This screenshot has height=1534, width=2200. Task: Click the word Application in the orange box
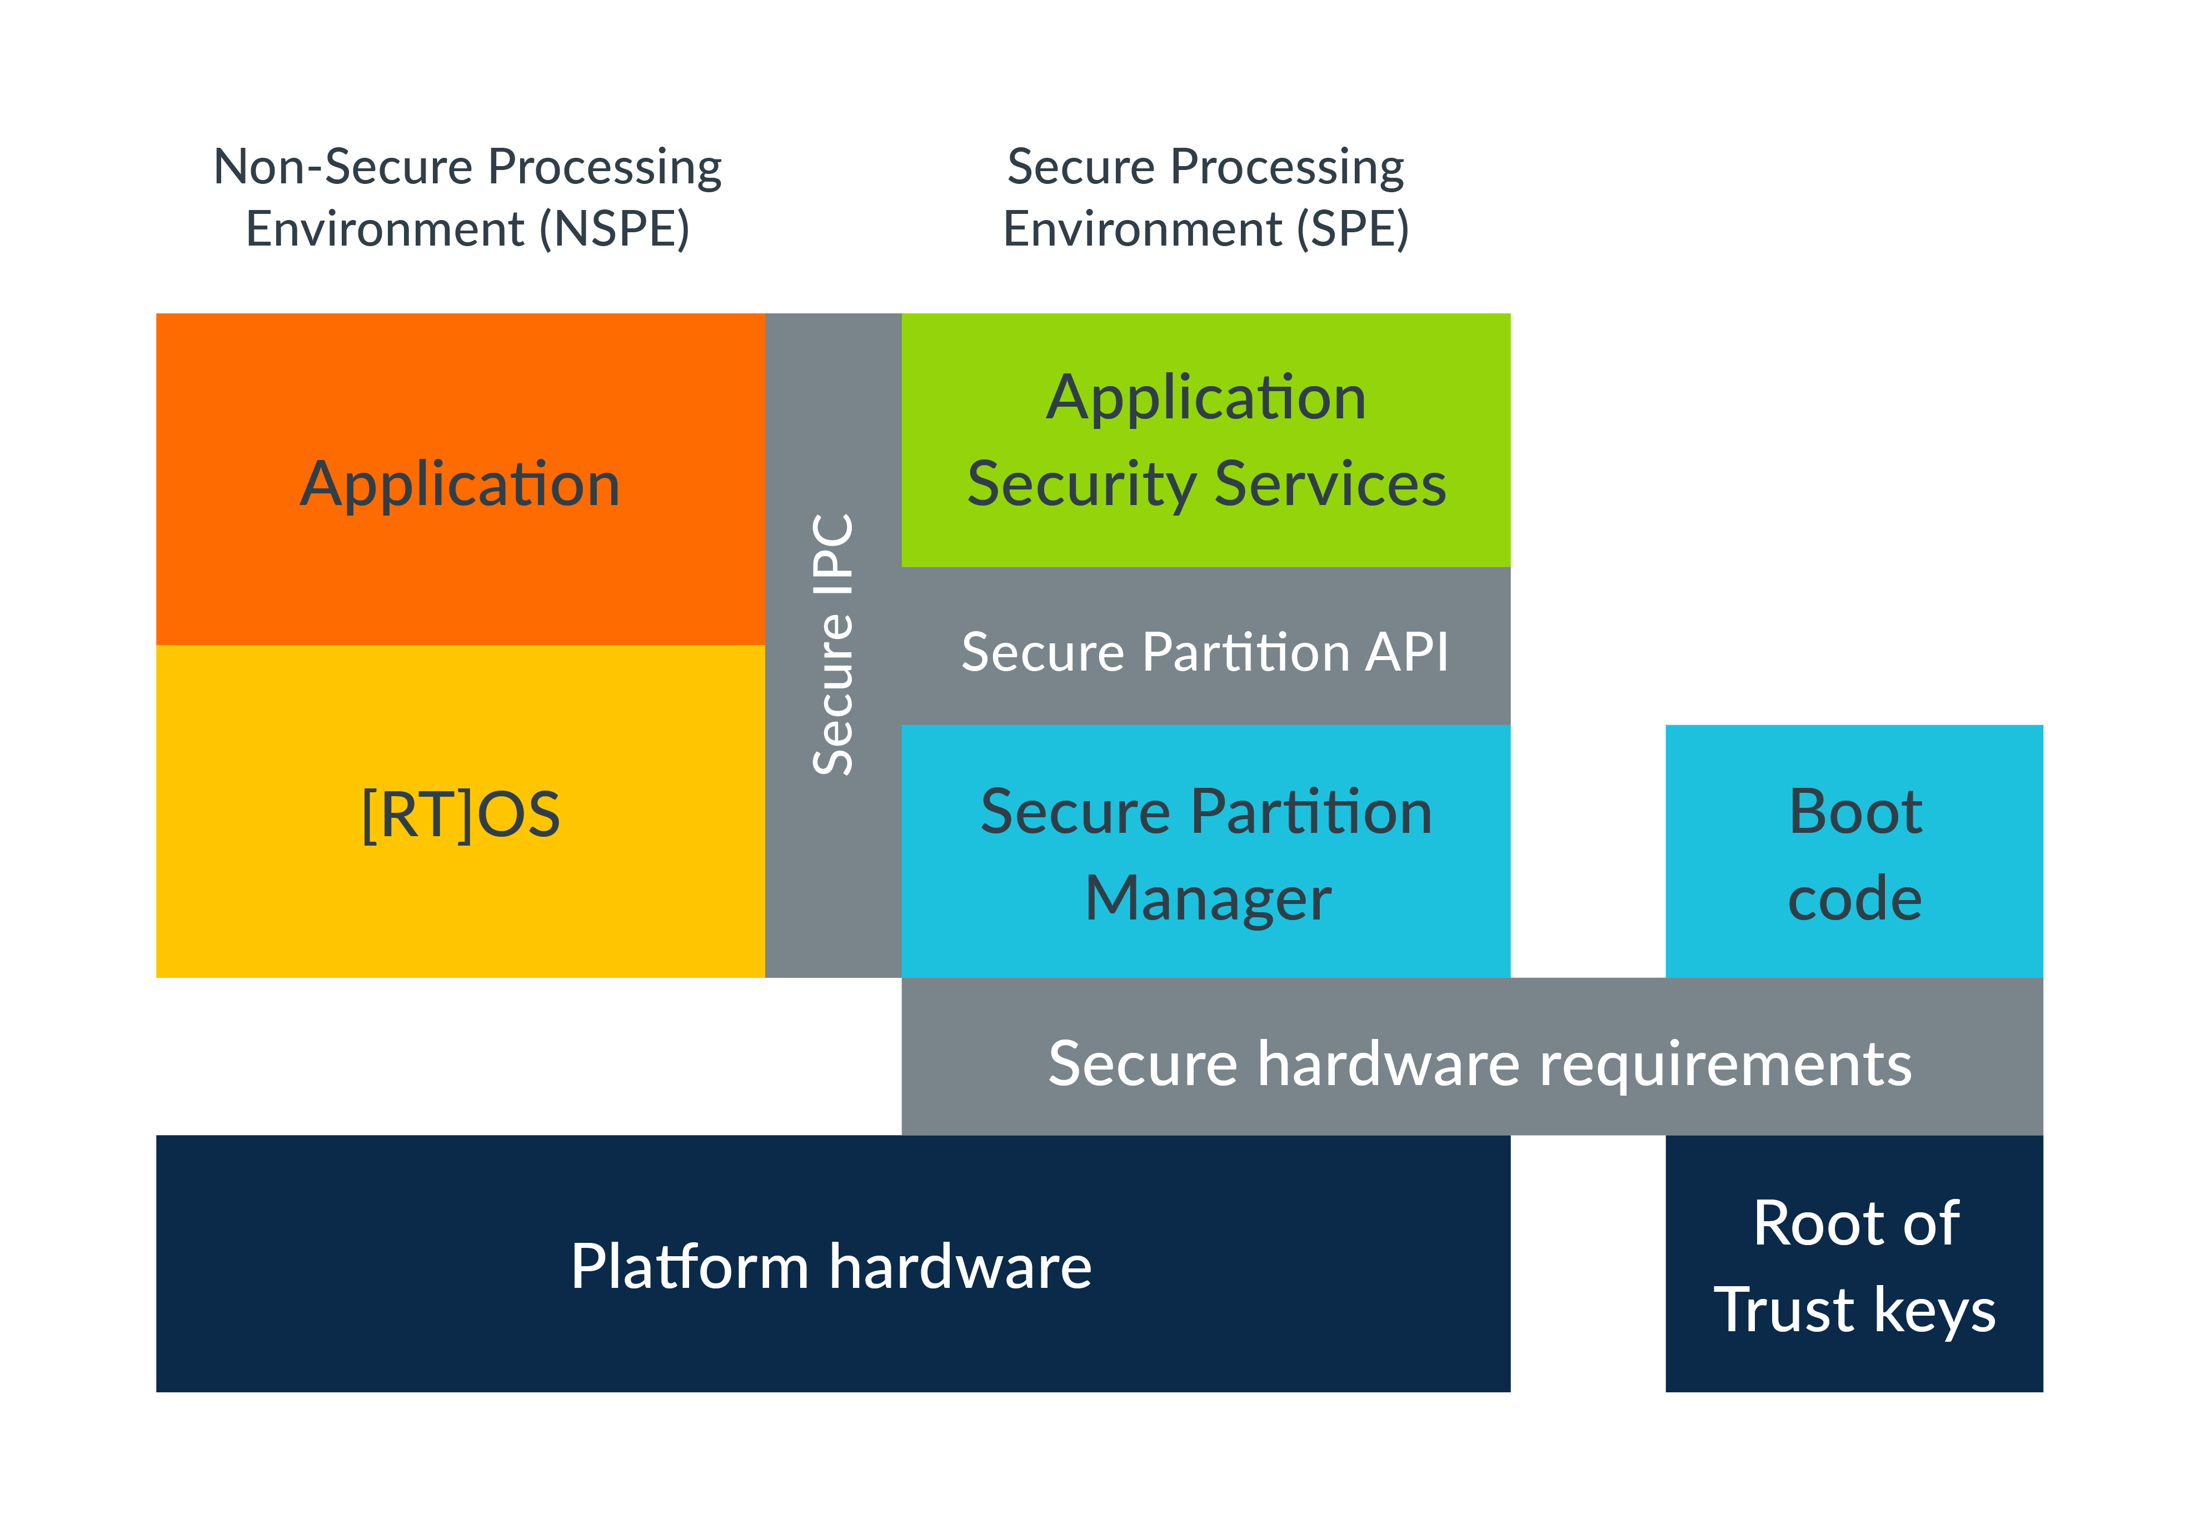[460, 485]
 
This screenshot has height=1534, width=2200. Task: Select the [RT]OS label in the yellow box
[460, 815]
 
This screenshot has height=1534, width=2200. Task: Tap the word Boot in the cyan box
[1855, 812]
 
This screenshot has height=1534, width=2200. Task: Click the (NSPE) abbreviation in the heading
[614, 230]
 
